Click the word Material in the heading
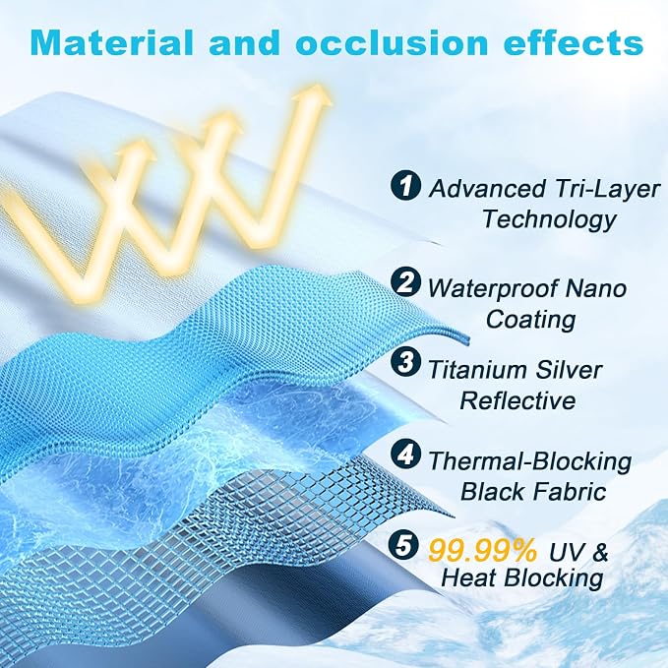click(x=112, y=42)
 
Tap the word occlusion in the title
click(x=392, y=42)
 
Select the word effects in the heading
click(x=574, y=42)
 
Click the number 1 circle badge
click(x=406, y=184)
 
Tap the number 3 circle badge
click(x=406, y=362)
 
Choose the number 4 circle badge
click(x=406, y=455)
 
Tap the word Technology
click(x=550, y=219)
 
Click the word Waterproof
click(x=493, y=289)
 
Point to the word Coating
click(x=531, y=319)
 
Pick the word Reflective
click(x=518, y=400)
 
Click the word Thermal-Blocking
click(x=529, y=461)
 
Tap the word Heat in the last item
click(x=470, y=578)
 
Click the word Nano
click(x=596, y=289)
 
